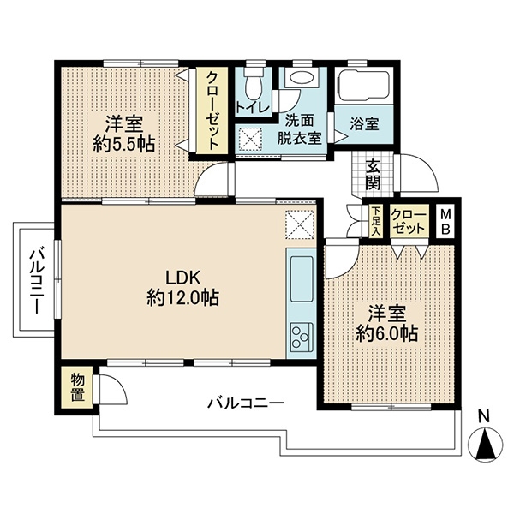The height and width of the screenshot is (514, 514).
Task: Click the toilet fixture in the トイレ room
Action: coord(254,85)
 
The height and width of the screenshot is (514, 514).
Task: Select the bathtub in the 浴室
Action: coord(364,86)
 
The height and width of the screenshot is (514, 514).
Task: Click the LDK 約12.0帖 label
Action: coord(183,288)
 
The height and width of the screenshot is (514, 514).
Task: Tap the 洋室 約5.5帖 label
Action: coord(124,134)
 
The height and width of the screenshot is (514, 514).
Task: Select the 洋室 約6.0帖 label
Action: coord(387,324)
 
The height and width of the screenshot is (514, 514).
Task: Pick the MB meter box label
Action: coord(445,222)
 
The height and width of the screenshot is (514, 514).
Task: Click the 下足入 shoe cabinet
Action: coord(376,221)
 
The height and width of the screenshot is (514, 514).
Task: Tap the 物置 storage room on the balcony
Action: coord(77,387)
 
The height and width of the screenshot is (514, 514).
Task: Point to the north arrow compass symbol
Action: coord(485,445)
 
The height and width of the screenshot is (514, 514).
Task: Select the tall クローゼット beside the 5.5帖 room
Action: coord(212,111)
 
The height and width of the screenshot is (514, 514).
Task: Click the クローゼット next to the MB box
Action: coord(409,221)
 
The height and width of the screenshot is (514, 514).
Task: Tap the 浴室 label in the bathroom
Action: coord(365,124)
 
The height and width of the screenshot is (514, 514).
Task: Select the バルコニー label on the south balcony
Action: coord(246,403)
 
